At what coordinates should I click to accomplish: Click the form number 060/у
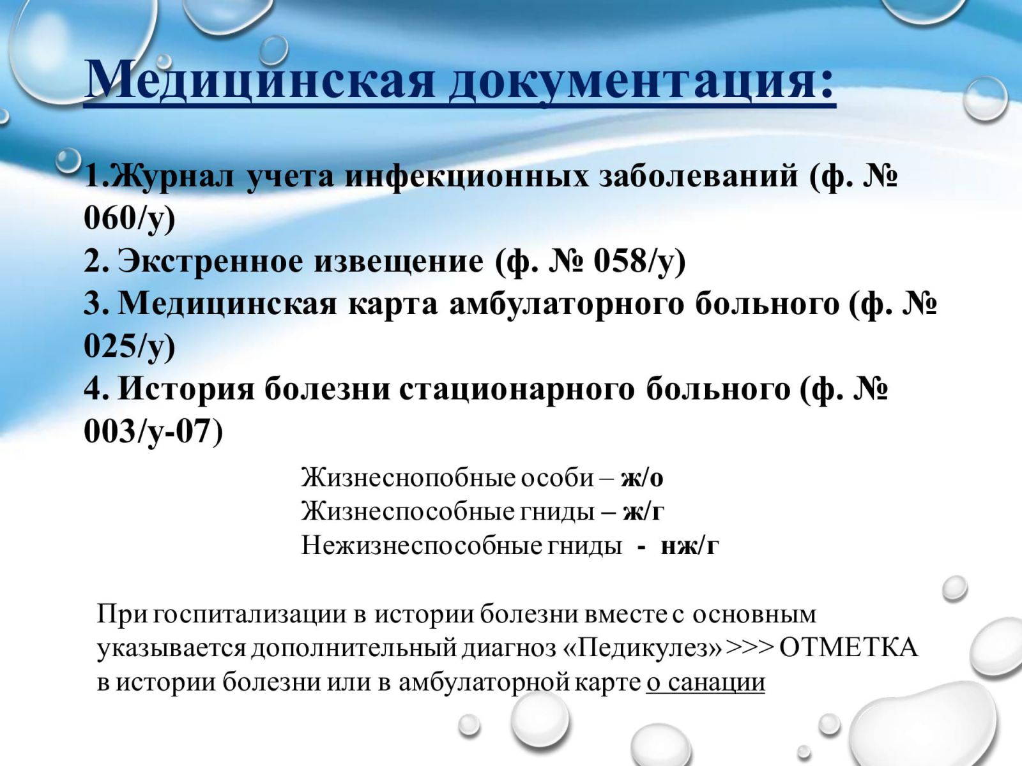[x=130, y=218]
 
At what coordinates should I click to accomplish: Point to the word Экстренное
[x=300, y=261]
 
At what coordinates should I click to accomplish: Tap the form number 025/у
[x=130, y=346]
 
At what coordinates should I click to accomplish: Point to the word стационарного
[x=516, y=390]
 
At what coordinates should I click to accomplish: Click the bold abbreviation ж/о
[x=642, y=478]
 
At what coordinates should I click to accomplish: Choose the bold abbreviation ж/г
[x=643, y=512]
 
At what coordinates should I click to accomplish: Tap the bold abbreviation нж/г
[x=690, y=546]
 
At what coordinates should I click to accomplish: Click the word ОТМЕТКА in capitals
[x=848, y=648]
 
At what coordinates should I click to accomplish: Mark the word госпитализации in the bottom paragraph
[x=249, y=615]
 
